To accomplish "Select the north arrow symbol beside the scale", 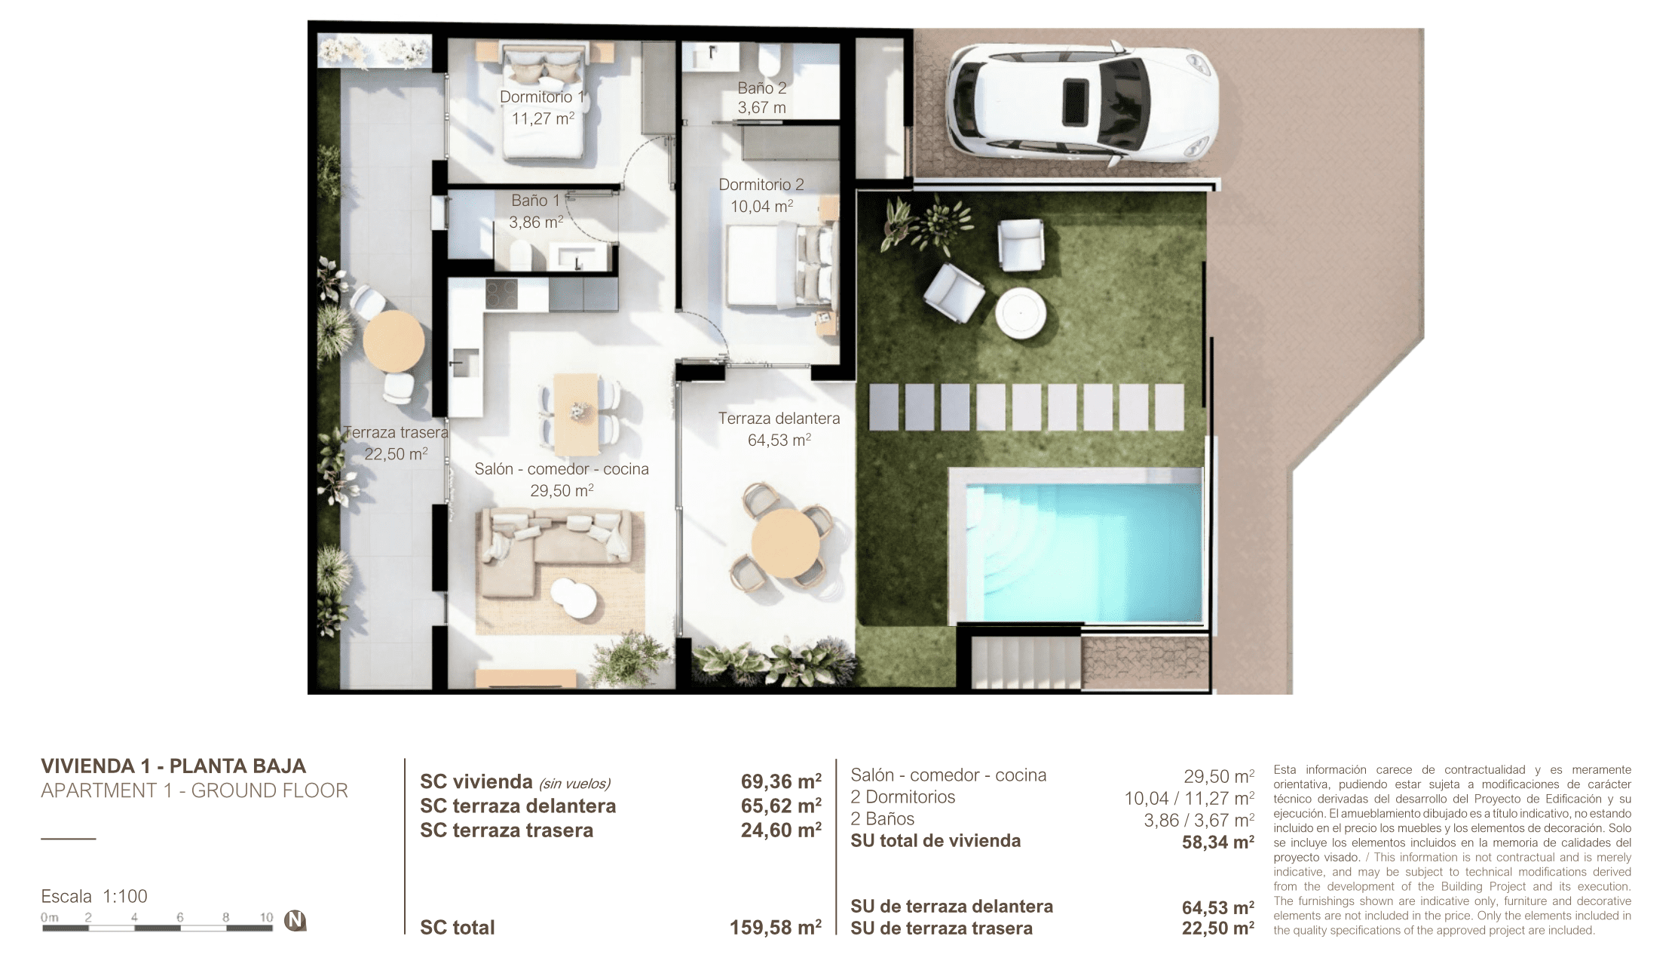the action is pyautogui.click(x=295, y=920).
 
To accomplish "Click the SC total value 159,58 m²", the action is pyautogui.click(x=776, y=927).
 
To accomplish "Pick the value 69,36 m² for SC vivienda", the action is pyautogui.click(x=781, y=781).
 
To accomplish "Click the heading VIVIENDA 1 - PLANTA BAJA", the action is pyautogui.click(x=173, y=766).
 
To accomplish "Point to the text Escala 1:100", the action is pyautogui.click(x=94, y=896).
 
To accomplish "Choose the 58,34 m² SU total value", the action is pyautogui.click(x=1218, y=842).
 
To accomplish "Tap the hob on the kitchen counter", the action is pyautogui.click(x=501, y=293).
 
